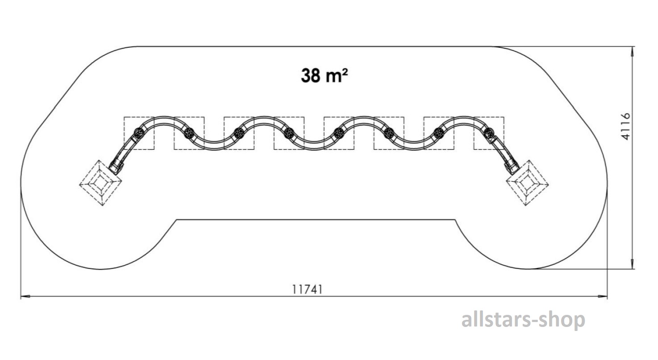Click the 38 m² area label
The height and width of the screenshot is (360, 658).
(x=324, y=75)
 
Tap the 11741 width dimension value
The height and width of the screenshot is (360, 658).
(x=307, y=289)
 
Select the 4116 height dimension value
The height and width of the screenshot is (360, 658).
(x=625, y=126)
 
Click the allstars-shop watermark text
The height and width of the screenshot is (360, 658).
(x=523, y=320)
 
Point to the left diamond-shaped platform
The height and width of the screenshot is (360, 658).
(x=100, y=183)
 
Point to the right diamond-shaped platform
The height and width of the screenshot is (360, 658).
(x=528, y=183)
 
